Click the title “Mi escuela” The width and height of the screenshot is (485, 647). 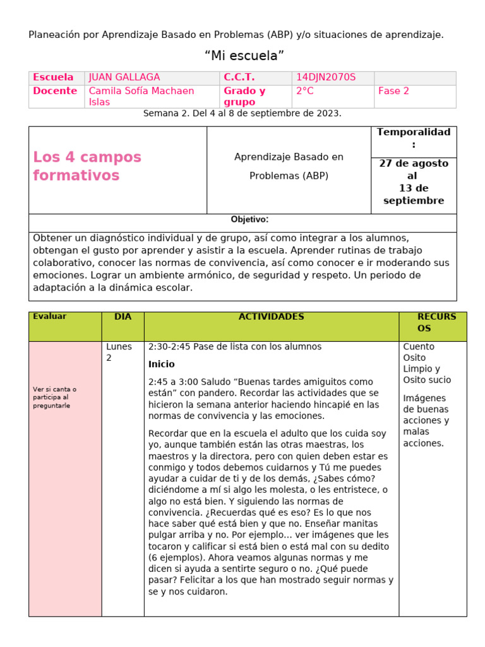point(244,56)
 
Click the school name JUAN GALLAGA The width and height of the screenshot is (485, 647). point(124,78)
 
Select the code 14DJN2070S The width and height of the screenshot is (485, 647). point(326,78)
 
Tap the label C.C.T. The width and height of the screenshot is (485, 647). point(239,78)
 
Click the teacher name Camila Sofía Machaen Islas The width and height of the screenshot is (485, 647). point(141,96)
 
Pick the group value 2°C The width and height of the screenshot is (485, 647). point(304,91)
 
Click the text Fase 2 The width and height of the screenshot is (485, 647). point(393,91)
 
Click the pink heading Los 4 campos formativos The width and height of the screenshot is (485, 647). point(87,166)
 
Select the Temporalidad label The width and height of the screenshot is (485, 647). point(414,138)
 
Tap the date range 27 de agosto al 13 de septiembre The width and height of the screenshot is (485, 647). point(414,182)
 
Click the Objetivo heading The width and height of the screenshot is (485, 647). point(249,220)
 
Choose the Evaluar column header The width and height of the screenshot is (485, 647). point(49,317)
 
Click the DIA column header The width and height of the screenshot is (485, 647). point(123,317)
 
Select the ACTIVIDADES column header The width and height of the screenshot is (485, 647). point(271,317)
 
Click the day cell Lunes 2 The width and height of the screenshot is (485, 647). point(119,352)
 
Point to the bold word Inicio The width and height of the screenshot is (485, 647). point(161,365)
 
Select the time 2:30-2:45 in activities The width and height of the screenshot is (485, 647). point(169,347)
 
